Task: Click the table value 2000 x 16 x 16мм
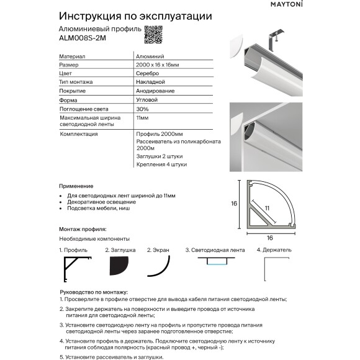point(158,65)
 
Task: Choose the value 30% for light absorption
point(142,109)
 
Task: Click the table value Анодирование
point(155,91)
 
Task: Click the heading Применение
point(76,186)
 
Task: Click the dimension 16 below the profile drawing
point(270,238)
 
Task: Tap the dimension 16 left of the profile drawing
point(235,203)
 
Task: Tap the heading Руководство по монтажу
point(93,292)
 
